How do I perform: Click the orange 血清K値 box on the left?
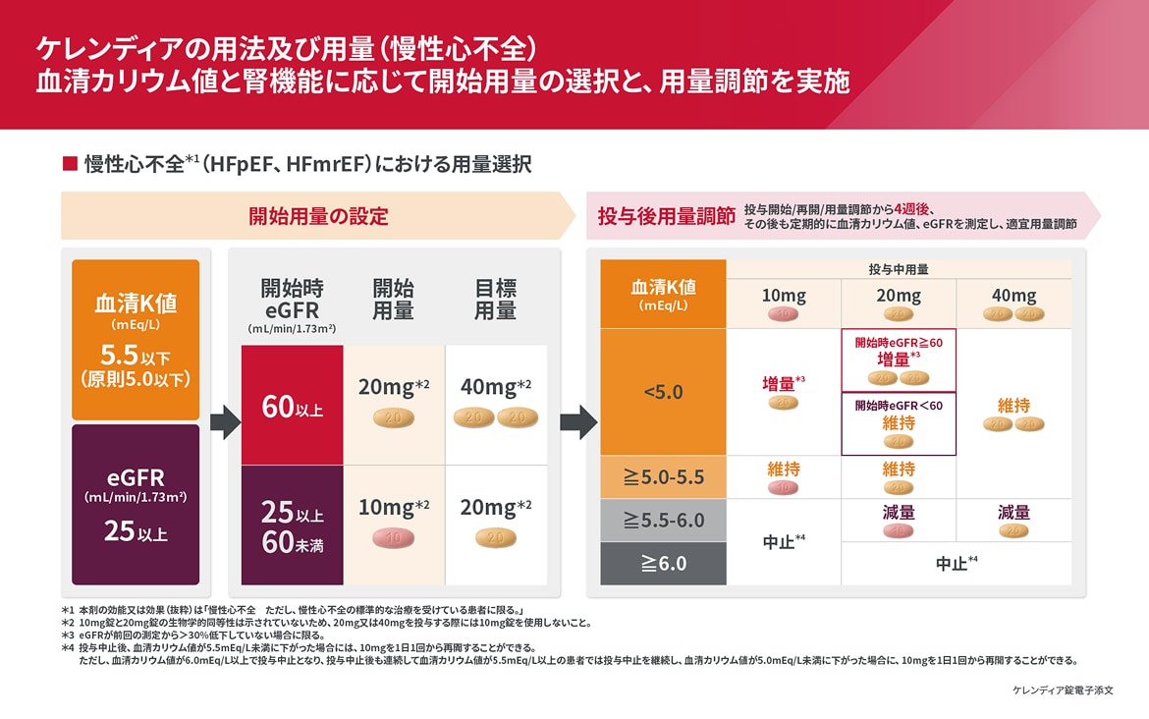click(136, 339)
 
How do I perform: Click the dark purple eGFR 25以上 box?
click(136, 504)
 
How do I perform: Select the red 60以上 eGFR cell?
click(292, 405)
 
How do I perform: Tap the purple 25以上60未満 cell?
click(292, 525)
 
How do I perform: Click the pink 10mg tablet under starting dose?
click(393, 538)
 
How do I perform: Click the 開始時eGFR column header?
click(292, 300)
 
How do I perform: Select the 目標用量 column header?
click(495, 299)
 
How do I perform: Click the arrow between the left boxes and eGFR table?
click(225, 422)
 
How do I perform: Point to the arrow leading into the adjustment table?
click(577, 422)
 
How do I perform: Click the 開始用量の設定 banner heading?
click(317, 216)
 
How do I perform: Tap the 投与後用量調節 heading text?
click(667, 216)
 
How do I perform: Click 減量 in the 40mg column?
click(1013, 512)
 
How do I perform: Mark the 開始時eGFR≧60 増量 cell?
click(899, 359)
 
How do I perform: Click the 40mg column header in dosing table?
click(1013, 296)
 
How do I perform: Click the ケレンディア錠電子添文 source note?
click(1063, 691)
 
